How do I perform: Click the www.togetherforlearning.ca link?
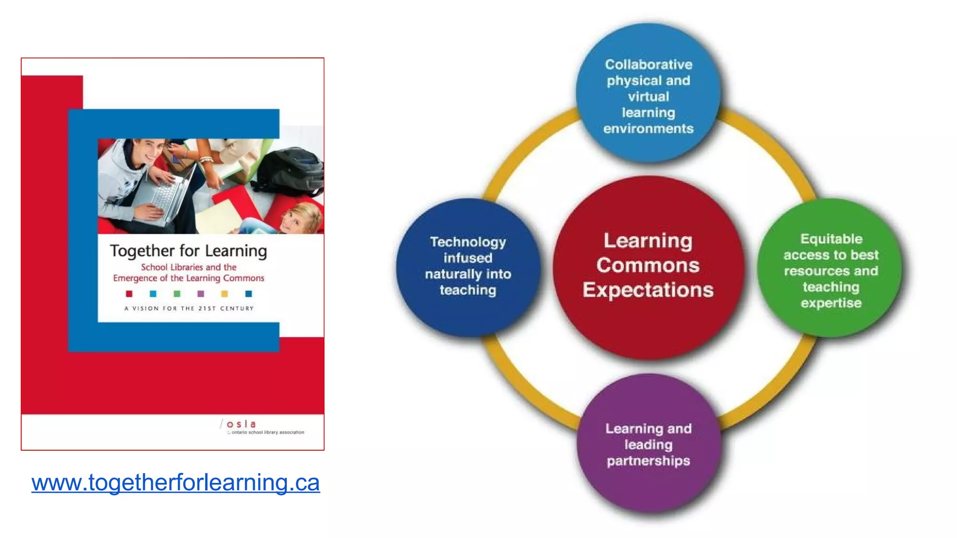(x=176, y=482)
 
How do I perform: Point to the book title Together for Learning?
(x=188, y=251)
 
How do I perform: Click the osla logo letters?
(x=241, y=424)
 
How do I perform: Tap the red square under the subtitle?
(x=129, y=294)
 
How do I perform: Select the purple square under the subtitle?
(x=201, y=294)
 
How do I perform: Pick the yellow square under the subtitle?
(x=225, y=294)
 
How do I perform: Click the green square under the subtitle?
(x=177, y=294)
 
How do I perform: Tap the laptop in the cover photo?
(x=168, y=196)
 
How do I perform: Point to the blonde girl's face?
(x=294, y=219)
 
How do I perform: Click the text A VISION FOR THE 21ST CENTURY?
(x=189, y=308)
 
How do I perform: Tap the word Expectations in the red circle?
(x=648, y=290)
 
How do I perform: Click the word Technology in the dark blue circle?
(x=468, y=242)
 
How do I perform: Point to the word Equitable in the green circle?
(x=831, y=239)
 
